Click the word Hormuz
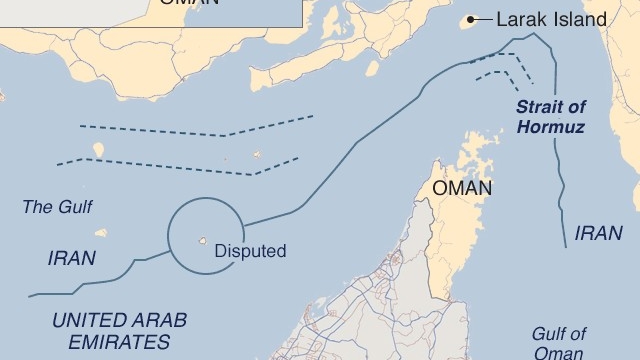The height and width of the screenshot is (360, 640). coord(552,127)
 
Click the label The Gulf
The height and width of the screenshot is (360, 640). coord(51,207)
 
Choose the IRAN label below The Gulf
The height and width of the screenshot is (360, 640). coord(72,257)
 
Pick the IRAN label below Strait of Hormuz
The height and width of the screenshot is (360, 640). coord(598,233)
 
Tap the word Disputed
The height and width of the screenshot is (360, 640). coord(250,252)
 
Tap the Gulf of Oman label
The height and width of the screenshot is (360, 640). coord(559,343)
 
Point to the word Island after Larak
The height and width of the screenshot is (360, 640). coord(581,19)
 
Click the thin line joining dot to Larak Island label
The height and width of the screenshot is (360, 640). coord(486,19)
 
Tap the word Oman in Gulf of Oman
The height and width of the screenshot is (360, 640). coord(560,352)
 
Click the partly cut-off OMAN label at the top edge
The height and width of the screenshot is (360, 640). coord(186,4)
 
